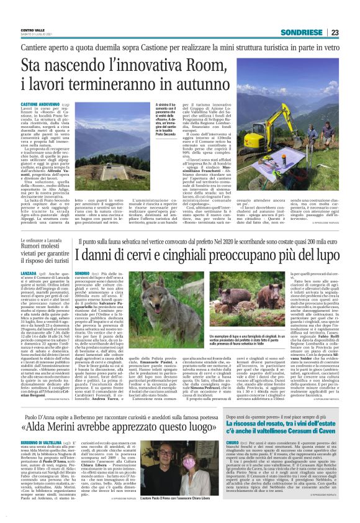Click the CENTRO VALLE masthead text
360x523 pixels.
pos(34,29)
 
